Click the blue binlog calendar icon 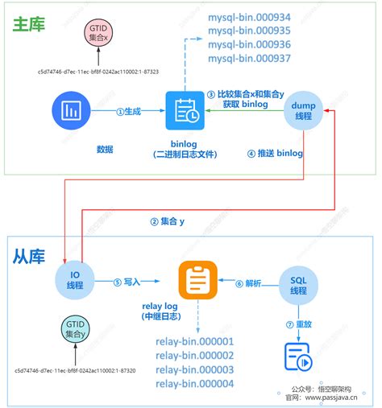coord(185,111)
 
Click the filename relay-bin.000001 coord(195,341)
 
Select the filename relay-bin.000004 coord(195,384)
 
